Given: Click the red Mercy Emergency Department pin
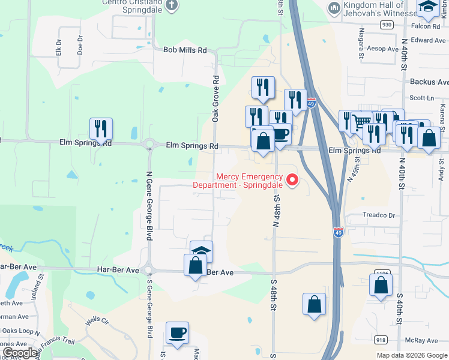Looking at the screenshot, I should point(293,179).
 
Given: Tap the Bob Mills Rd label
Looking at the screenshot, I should point(185,50).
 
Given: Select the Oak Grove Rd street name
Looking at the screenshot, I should point(215,100).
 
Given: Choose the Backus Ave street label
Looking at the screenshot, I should point(429,82).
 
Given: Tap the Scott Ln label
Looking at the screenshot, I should point(421,98).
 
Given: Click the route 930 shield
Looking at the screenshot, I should point(386,25).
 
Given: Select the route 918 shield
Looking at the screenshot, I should point(381,340).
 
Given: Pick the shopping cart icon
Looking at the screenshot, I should point(361,122).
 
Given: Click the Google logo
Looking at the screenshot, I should point(19,353).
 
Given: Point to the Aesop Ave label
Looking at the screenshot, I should point(382,49).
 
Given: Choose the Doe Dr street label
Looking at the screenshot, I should point(80,45).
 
